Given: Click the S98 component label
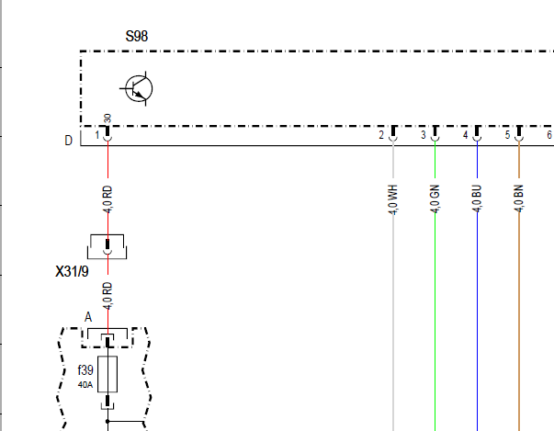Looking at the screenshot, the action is click(137, 36).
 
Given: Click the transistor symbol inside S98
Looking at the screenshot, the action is click(139, 88).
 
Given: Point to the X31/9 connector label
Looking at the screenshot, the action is click(72, 271).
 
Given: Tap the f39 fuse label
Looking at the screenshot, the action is click(85, 370).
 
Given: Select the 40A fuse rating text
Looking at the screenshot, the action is click(85, 384).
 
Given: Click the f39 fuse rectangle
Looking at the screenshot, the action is click(107, 374).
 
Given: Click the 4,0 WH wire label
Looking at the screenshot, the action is click(393, 199).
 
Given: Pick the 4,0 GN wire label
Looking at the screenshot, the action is click(435, 198).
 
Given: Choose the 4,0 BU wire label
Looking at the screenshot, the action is click(477, 198).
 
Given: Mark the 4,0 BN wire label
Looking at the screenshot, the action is click(519, 198).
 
